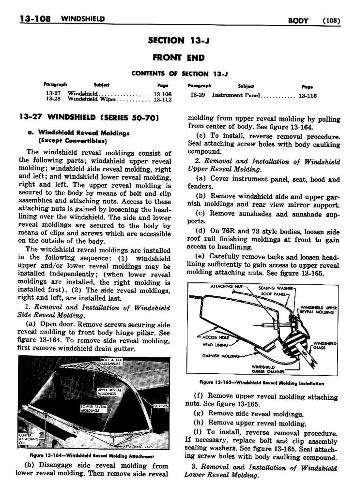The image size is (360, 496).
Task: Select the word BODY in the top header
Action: (298, 21)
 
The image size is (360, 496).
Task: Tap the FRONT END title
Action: (178, 57)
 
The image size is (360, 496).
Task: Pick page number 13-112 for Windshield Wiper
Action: (162, 99)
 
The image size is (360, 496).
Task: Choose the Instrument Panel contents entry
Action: (236, 95)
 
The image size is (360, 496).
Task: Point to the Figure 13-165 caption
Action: (261, 383)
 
